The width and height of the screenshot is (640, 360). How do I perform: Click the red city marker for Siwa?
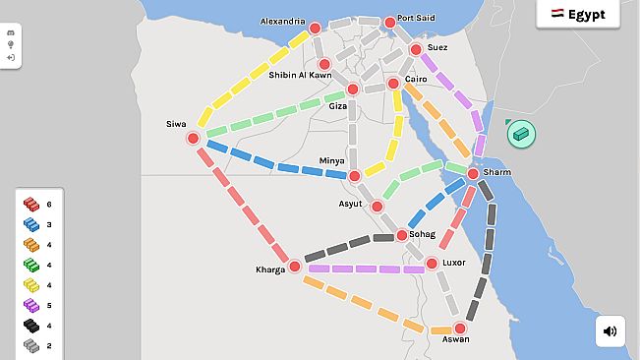click(194, 139)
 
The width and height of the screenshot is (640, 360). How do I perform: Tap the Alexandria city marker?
click(316, 29)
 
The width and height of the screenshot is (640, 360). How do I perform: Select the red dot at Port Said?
click(390, 22)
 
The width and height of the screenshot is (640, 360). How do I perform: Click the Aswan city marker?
click(459, 329)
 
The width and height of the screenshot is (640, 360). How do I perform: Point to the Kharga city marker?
click(294, 267)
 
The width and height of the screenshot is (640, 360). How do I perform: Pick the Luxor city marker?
click(432, 264)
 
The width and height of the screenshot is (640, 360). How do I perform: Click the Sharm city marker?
click(473, 173)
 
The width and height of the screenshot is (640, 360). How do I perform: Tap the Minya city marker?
click(355, 176)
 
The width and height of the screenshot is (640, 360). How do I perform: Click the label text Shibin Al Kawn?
click(300, 75)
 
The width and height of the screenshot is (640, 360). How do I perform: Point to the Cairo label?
click(416, 79)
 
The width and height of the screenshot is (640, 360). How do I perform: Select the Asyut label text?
click(350, 205)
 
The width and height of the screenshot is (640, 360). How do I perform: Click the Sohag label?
click(422, 234)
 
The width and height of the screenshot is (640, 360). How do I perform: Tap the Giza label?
click(337, 105)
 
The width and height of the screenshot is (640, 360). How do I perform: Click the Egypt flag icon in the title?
click(556, 15)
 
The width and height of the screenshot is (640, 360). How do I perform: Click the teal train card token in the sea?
click(521, 133)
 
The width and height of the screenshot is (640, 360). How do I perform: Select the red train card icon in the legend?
click(31, 204)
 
